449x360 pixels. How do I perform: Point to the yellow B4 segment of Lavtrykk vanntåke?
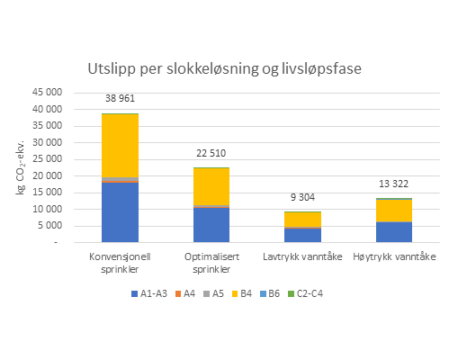coord(302,220)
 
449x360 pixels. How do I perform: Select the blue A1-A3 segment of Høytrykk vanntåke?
coord(393,232)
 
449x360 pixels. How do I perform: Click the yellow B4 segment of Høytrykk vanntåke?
coord(393,211)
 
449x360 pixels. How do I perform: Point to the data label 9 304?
coord(302,199)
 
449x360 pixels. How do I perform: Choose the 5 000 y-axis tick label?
coord(52,226)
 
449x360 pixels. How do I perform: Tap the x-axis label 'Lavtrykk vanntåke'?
coord(302,255)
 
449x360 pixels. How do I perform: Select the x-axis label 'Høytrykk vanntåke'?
coord(393,255)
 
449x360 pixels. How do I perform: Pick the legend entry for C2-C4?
coord(314,292)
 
